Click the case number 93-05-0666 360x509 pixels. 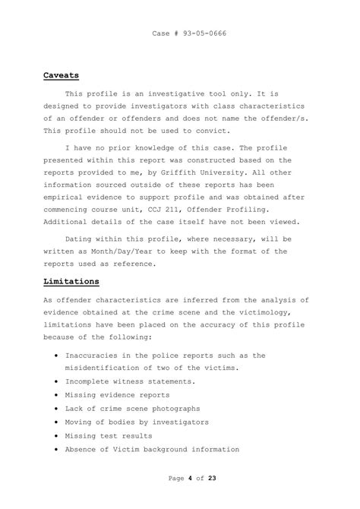[x=201, y=34]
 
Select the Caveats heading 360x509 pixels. [x=62, y=76]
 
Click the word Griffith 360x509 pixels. [x=197, y=172]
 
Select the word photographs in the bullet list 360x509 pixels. [x=198, y=409]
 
